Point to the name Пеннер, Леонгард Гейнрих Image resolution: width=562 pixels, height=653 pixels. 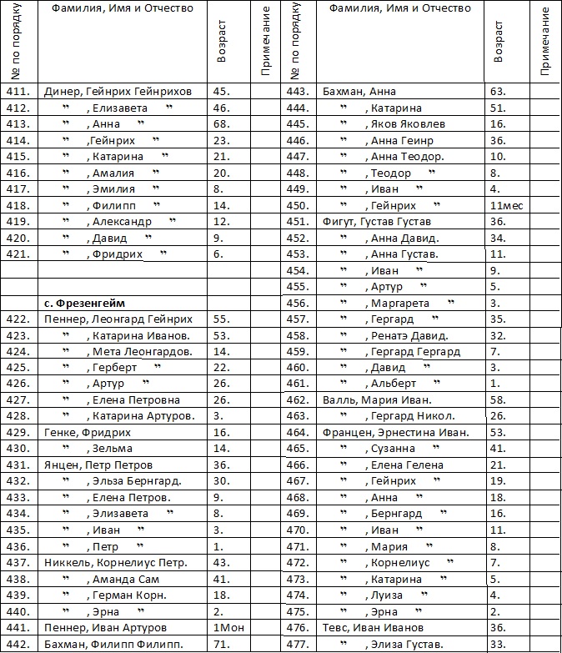(118, 319)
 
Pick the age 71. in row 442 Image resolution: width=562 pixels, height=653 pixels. (222, 644)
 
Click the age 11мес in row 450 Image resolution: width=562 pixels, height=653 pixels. (505, 205)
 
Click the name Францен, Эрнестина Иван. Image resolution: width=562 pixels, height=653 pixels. (395, 433)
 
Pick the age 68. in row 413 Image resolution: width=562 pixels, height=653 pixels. (222, 124)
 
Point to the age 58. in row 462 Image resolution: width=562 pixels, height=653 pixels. (499, 400)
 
